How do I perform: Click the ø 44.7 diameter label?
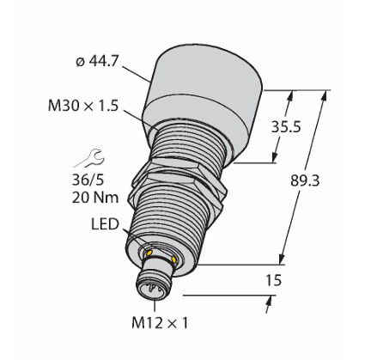pos(97,61)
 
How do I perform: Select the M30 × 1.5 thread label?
pos(83,106)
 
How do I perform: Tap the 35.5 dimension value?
pos(286,126)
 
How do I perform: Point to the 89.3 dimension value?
pos(305,180)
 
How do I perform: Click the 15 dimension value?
pos(273,280)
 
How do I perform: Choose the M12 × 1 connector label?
pos(160,323)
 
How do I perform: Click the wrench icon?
pos(89,158)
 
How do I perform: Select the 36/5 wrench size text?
pos(88,180)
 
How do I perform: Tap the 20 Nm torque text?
pos(95,198)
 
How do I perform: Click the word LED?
pos(105,224)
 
